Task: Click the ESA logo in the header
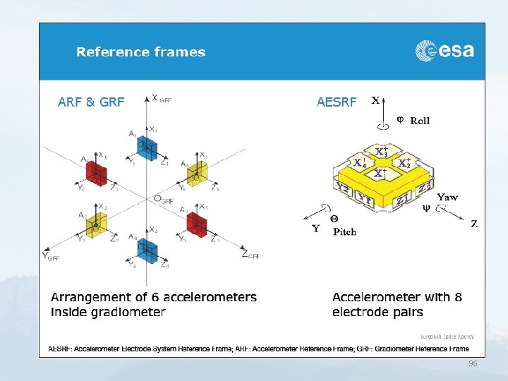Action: [445, 51]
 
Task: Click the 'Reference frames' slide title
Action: [140, 52]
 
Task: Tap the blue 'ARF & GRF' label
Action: [91, 102]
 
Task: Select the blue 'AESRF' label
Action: [337, 102]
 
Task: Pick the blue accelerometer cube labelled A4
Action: [148, 248]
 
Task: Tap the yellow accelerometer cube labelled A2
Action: [96, 226]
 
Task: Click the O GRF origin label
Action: [163, 200]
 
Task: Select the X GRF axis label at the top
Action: [160, 99]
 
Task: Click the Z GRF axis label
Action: [250, 255]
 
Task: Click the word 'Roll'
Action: [420, 121]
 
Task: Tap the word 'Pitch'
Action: [344, 231]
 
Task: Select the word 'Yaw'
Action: [447, 197]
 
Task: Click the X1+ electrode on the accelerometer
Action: [380, 173]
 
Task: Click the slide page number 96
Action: [473, 363]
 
